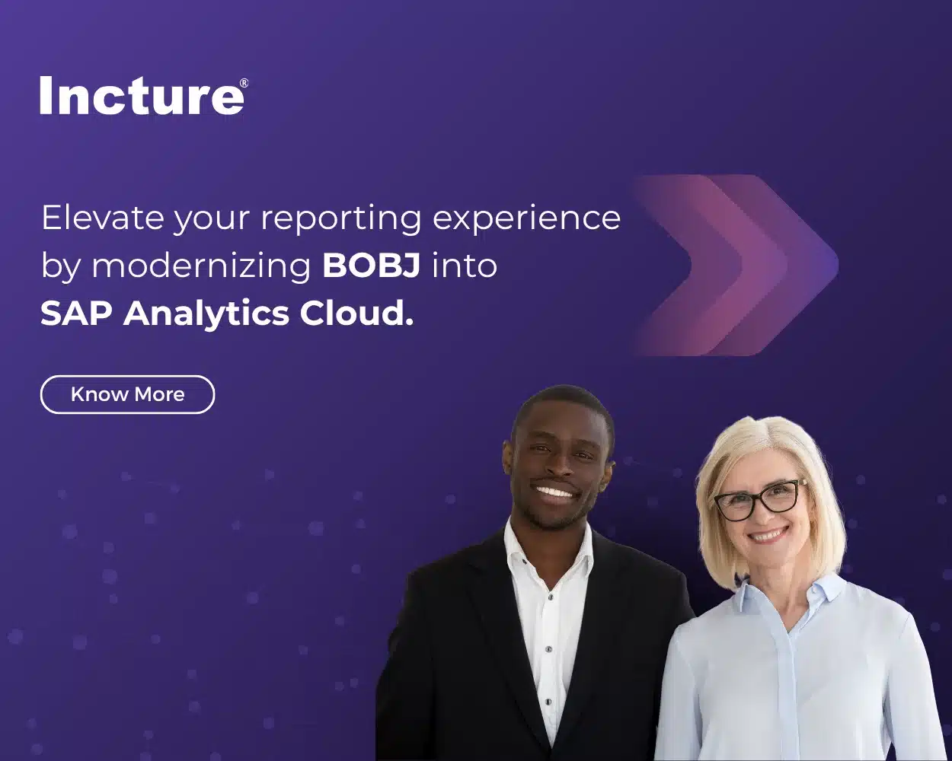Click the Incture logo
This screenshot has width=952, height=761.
click(142, 96)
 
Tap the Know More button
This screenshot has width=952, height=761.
click(127, 394)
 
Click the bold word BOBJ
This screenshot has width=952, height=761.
click(371, 266)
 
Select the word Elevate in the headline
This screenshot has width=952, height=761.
click(102, 218)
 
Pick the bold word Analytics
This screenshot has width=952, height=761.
click(206, 313)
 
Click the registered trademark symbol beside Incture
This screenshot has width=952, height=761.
click(244, 83)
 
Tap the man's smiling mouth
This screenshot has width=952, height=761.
click(555, 492)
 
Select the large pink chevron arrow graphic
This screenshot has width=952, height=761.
click(735, 265)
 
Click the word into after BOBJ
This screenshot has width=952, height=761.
click(464, 266)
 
